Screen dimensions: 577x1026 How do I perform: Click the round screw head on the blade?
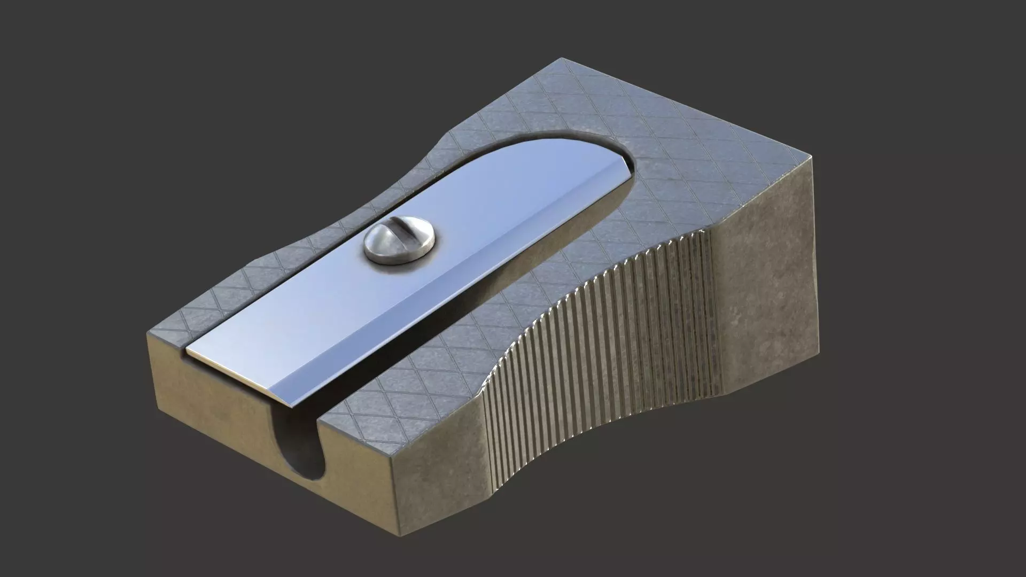point(399,244)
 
